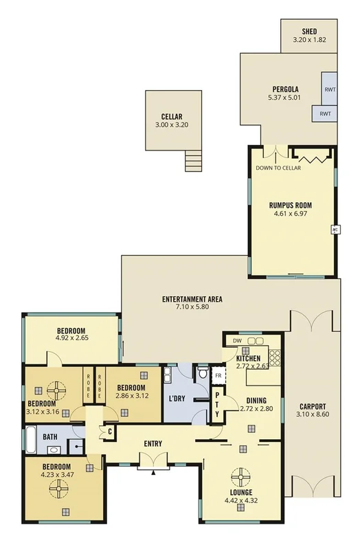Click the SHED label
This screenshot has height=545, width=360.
[308, 32]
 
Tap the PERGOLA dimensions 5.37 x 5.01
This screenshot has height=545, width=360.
[283, 98]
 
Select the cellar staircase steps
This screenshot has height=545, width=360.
[194, 162]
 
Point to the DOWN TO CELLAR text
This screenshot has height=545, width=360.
[278, 168]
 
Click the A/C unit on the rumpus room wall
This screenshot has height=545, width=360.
[335, 229]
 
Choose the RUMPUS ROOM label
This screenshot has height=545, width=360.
[290, 204]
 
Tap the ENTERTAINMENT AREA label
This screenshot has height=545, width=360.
[192, 299]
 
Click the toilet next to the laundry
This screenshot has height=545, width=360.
[202, 373]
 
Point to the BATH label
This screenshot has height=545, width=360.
[50, 436]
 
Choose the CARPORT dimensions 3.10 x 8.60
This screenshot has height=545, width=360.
[312, 415]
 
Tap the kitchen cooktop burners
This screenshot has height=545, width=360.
[274, 356]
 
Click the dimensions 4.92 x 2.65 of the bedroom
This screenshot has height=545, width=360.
[71, 337]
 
